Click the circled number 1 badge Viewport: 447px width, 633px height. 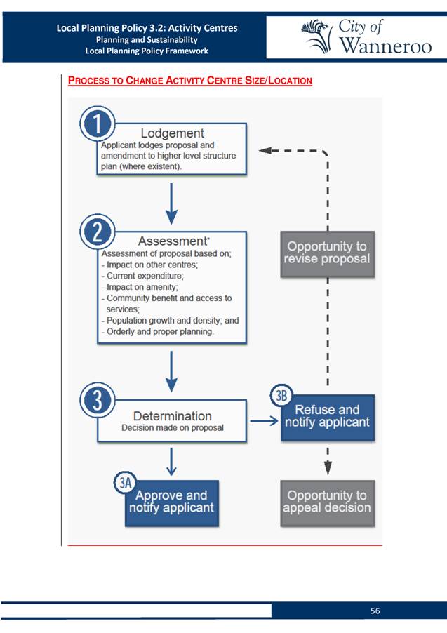tap(98, 124)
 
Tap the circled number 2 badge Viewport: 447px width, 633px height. tap(98, 232)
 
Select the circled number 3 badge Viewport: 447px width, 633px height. tap(98, 401)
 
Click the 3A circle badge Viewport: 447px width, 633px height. tap(125, 482)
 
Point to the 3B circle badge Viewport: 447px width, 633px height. tap(281, 396)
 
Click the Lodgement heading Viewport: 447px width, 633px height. tap(173, 133)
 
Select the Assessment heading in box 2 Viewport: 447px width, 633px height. tap(173, 241)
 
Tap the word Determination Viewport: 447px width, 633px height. tap(173, 416)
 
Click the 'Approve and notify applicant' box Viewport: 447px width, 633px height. tap(172, 503)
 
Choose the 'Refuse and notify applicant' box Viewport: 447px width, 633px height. tap(328, 418)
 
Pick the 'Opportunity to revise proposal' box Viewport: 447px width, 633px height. tap(328, 254)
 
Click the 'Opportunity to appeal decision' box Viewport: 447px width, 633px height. tap(328, 503)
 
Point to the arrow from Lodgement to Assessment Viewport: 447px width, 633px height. tap(172, 204)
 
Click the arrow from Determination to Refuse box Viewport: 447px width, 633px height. tap(264, 421)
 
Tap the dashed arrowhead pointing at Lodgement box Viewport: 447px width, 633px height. tap(265, 151)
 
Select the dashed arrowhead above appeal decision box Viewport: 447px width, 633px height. tap(328, 468)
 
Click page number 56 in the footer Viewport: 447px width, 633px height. tap(375, 611)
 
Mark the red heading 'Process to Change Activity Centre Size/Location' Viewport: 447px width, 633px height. tap(189, 80)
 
